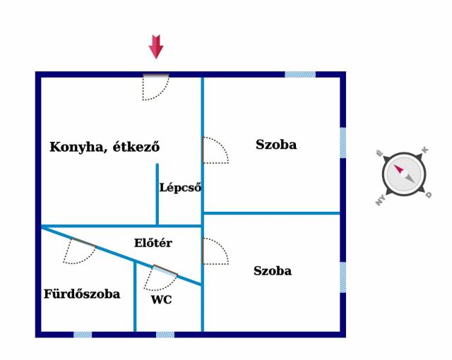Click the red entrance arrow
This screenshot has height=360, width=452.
click(x=156, y=47)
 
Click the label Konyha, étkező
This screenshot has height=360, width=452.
click(x=105, y=147)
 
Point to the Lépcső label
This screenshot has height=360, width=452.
click(x=181, y=188)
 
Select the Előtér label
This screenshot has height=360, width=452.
click(x=153, y=243)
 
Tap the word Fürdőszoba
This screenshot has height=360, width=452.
click(x=82, y=294)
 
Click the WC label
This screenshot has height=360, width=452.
click(x=162, y=299)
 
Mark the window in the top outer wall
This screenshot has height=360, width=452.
click(x=300, y=75)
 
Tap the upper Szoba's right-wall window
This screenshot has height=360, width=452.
click(x=343, y=143)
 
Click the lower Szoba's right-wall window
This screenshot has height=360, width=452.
click(x=343, y=277)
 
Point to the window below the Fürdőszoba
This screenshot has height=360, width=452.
click(x=83, y=335)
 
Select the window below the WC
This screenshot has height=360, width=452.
click(x=165, y=335)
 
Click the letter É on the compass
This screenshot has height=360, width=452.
click(x=380, y=153)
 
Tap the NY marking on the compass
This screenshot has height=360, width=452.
click(x=381, y=200)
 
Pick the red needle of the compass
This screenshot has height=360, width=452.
click(x=399, y=169)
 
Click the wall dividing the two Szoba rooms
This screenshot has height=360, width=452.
click(x=271, y=213)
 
